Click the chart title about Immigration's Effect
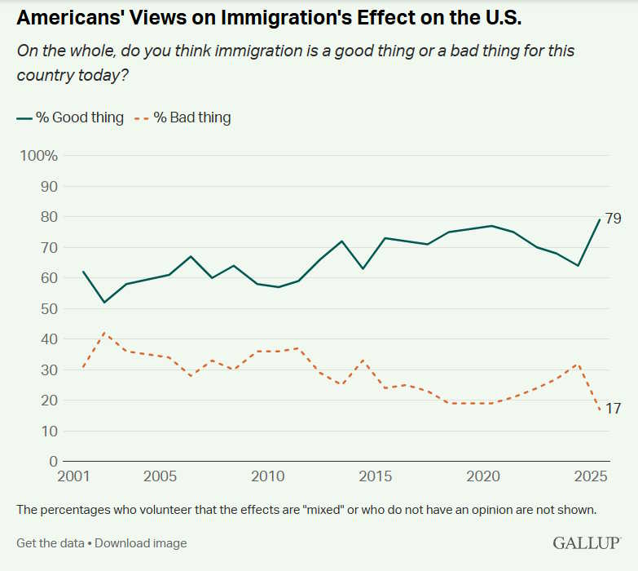tap(268, 18)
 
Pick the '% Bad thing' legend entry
tap(183, 117)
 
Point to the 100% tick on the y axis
tap(38, 156)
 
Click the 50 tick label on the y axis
tap(50, 308)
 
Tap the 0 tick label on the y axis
tap(54, 461)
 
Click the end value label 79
tap(614, 218)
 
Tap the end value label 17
tap(614, 409)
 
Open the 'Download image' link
tap(141, 542)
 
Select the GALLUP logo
tap(587, 542)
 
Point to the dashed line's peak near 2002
tap(104, 332)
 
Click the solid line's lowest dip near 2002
tap(104, 303)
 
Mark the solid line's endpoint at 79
tap(600, 219)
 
